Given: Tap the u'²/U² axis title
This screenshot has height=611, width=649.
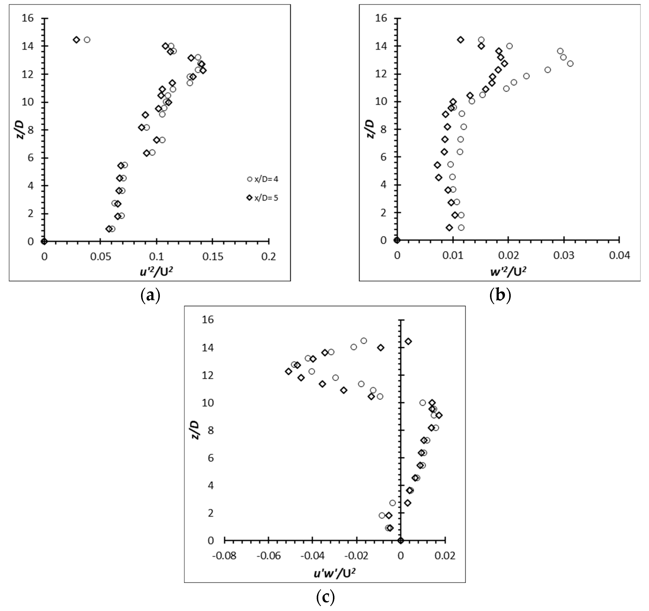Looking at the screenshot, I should click(x=156, y=272).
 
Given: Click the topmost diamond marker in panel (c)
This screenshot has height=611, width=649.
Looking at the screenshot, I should click(x=408, y=341).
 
